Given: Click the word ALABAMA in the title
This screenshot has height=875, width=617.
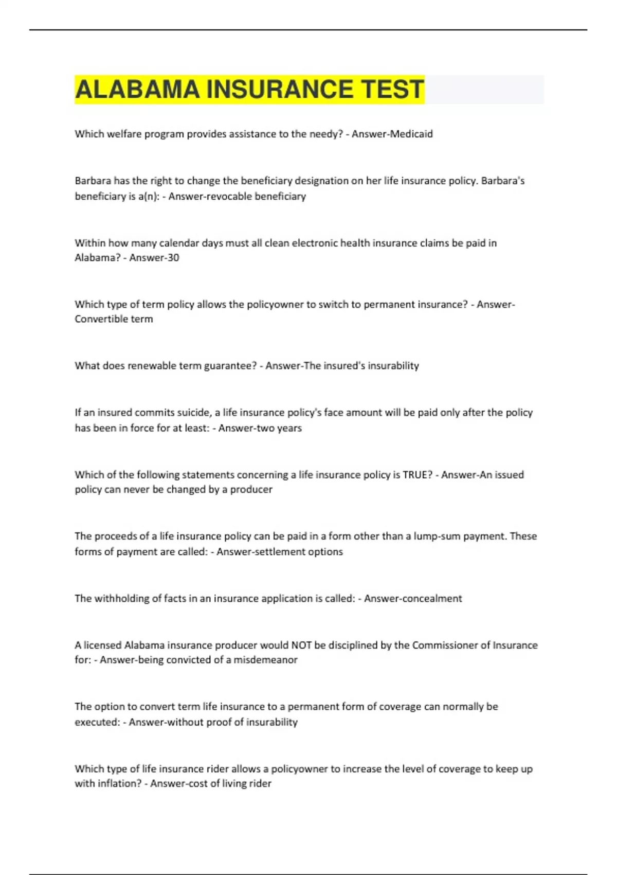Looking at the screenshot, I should coord(137,90).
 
